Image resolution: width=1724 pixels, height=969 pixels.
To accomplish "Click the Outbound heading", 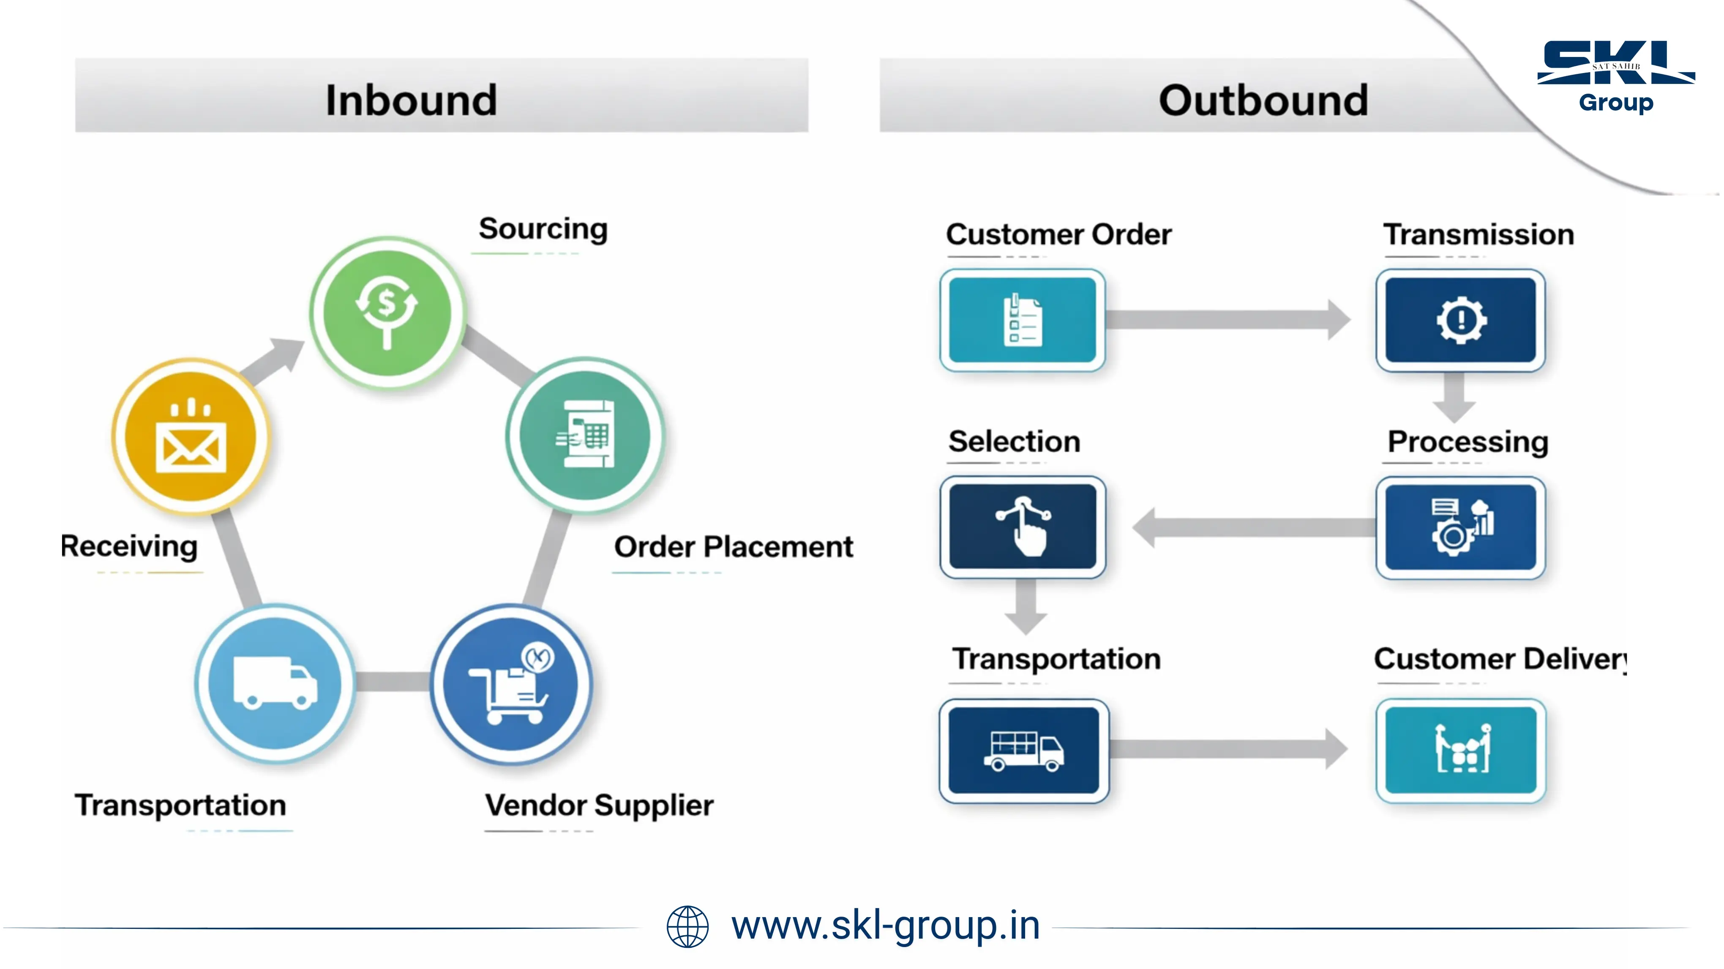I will click(1263, 100).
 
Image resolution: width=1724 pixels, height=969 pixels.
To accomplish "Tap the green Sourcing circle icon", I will click(387, 312).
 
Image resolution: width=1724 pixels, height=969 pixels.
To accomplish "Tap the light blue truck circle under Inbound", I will click(275, 684).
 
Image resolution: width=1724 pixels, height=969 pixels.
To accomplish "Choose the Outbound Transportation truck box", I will click(1023, 750).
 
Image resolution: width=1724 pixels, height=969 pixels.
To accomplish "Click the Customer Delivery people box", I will click(1460, 750).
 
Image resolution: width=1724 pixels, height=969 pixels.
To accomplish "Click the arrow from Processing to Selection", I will click(1252, 528).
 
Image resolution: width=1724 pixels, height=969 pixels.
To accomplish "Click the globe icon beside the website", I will click(687, 927).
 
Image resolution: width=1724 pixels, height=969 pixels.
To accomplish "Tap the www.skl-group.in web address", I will click(885, 926).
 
